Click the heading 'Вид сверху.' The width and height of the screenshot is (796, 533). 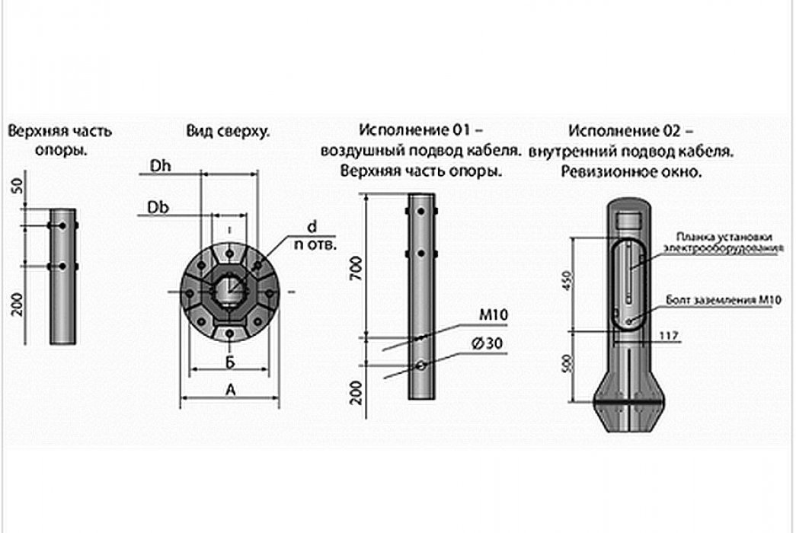coord(227,131)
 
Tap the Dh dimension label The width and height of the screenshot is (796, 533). coord(160,166)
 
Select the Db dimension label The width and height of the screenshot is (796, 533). coord(158,207)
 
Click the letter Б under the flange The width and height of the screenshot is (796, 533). coord(229,361)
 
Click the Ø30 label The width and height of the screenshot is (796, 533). coord(485,343)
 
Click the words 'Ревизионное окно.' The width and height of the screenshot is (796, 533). coord(631,172)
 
